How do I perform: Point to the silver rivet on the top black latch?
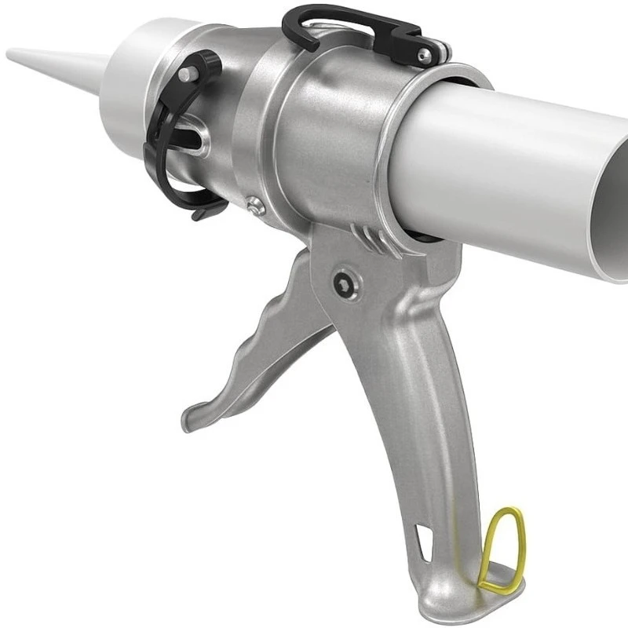[x=423, y=54]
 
